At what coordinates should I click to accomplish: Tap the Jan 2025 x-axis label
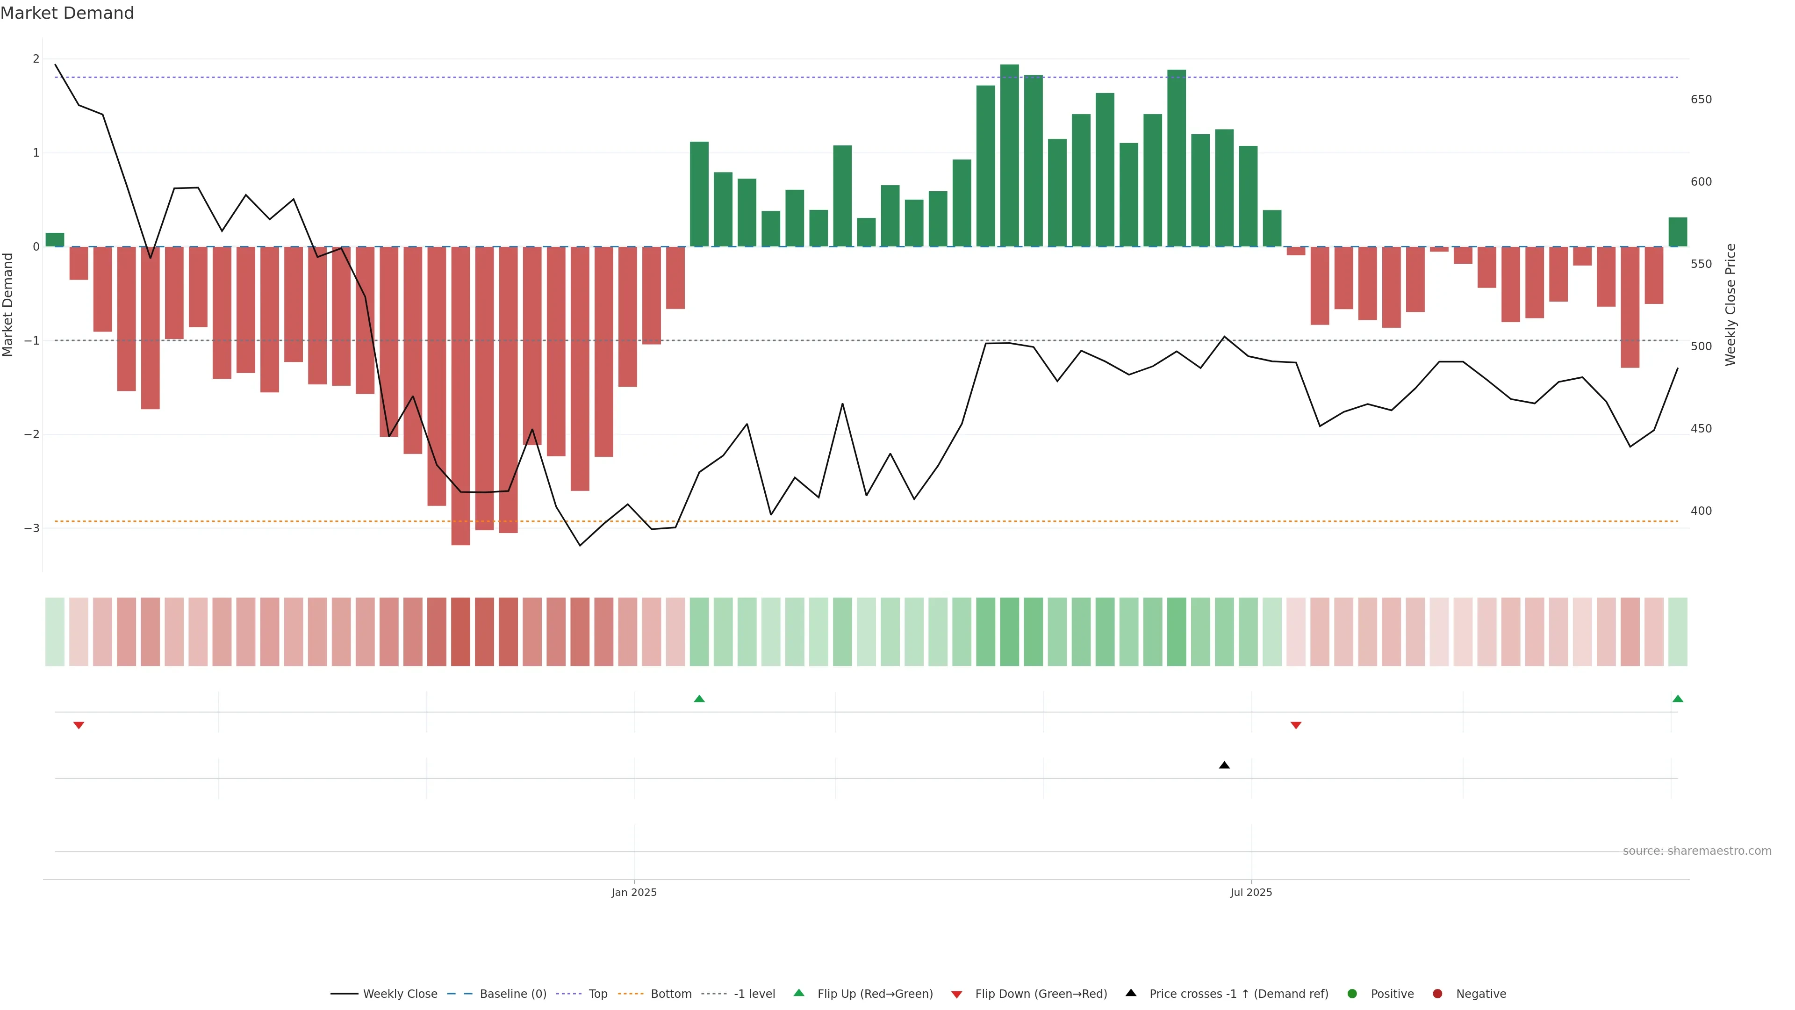[633, 892]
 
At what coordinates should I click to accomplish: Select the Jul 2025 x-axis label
[1251, 892]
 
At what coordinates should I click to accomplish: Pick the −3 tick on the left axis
[31, 528]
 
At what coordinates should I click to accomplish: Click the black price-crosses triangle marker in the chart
[1224, 765]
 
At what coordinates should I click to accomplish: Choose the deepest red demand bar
[460, 396]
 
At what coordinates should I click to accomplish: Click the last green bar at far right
[1677, 232]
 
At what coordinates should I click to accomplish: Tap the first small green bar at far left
[55, 240]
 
